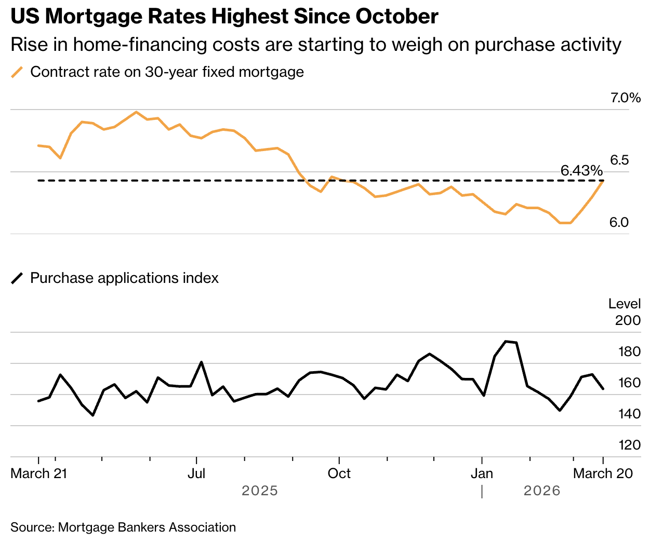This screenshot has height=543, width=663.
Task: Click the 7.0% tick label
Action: pyautogui.click(x=626, y=98)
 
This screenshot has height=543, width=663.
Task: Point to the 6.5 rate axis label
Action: pyautogui.click(x=619, y=160)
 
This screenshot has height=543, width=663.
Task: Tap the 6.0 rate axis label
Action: pyautogui.click(x=619, y=223)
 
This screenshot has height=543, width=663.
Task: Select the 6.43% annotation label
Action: pyautogui.click(x=581, y=171)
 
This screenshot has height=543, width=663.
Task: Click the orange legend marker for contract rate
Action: pyautogui.click(x=18, y=72)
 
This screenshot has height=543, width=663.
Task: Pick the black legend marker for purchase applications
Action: pyautogui.click(x=18, y=279)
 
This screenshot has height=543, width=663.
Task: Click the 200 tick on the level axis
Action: pyautogui.click(x=628, y=320)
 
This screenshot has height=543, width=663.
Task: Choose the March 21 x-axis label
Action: pyautogui.click(x=39, y=473)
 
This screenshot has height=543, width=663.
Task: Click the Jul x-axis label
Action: pyautogui.click(x=196, y=473)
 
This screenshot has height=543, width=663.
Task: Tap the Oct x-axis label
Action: pyautogui.click(x=339, y=473)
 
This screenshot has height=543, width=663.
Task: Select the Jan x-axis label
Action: pyautogui.click(x=482, y=473)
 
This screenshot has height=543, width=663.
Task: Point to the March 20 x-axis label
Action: pyautogui.click(x=603, y=473)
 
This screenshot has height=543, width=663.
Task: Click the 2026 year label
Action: pyautogui.click(x=542, y=491)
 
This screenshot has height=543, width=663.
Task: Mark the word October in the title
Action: pyautogui.click(x=397, y=17)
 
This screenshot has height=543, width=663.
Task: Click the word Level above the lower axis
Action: pyautogui.click(x=625, y=304)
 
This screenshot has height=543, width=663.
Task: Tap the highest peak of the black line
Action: pyautogui.click(x=506, y=341)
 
